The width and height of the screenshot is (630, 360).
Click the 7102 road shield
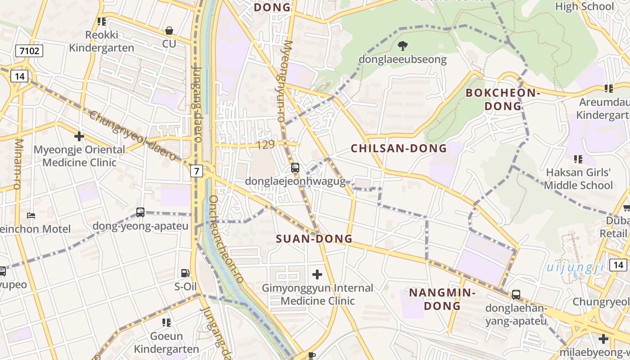(x=30, y=51)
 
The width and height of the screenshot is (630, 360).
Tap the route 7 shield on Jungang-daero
(x=197, y=171)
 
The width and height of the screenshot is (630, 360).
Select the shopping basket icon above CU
(x=169, y=31)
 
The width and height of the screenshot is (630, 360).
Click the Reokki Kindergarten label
(x=101, y=41)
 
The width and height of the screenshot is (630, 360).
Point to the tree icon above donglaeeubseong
(x=402, y=45)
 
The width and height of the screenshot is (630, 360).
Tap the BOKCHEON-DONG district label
(x=502, y=99)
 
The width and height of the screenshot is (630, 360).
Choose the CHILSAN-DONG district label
(x=399, y=148)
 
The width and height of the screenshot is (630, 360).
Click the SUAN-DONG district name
(x=314, y=239)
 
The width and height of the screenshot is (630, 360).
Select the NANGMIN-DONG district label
(x=442, y=299)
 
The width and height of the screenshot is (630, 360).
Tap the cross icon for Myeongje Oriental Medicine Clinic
(x=79, y=136)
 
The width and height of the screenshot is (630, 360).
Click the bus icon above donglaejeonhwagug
(x=295, y=168)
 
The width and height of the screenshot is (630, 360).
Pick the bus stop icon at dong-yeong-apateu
(x=140, y=212)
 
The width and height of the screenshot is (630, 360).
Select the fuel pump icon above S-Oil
(x=185, y=273)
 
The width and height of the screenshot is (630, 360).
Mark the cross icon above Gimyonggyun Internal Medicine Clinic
(x=317, y=274)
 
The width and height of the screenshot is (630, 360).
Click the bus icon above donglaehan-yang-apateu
(x=516, y=295)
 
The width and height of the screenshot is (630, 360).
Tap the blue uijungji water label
(x=576, y=268)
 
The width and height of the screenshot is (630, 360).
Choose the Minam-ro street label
(x=18, y=164)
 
